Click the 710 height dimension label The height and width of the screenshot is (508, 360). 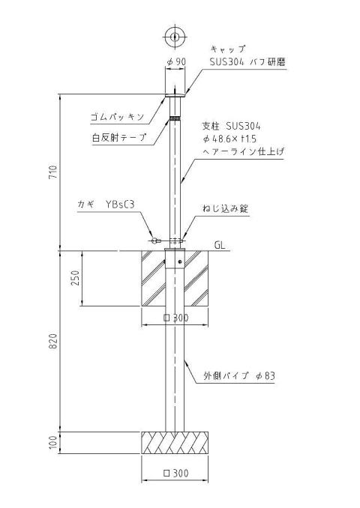click(x=53, y=172)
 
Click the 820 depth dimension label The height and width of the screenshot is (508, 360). click(x=53, y=341)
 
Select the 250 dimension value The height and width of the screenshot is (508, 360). click(x=75, y=278)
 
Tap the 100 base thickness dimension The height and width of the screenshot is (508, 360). click(x=53, y=443)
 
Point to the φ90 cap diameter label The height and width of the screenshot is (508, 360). click(x=176, y=61)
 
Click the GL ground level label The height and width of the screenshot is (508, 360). click(x=220, y=245)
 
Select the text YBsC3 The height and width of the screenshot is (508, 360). click(x=120, y=205)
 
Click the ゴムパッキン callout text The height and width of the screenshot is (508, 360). click(x=117, y=117)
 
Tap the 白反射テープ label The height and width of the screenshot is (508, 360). click(x=119, y=137)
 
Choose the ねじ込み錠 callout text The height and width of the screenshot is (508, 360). click(x=226, y=208)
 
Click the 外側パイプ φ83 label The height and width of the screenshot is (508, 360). click(x=239, y=376)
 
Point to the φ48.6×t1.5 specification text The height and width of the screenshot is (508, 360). click(x=229, y=139)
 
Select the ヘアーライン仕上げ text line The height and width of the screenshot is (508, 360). click(x=243, y=151)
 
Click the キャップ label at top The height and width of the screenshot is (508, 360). click(x=228, y=49)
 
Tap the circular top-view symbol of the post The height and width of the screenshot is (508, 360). click(x=175, y=36)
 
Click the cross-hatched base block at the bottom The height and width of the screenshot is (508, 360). click(x=175, y=443)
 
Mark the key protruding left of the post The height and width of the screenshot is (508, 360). click(x=156, y=241)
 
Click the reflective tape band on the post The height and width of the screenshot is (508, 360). click(x=175, y=118)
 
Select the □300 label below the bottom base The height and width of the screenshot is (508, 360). click(x=176, y=473)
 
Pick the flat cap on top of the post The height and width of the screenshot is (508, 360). click(x=175, y=95)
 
